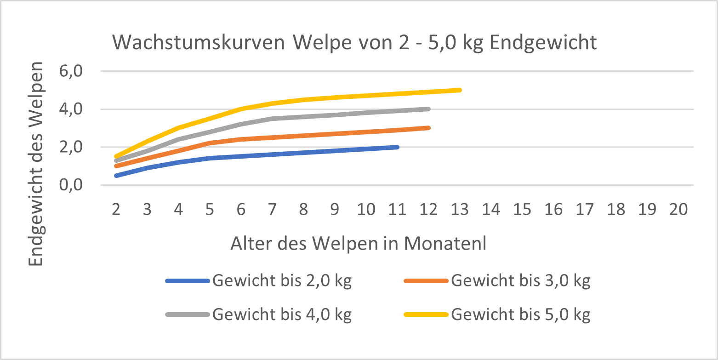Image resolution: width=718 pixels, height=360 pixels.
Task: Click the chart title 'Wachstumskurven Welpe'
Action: [354, 42]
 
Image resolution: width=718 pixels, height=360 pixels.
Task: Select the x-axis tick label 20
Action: [678, 210]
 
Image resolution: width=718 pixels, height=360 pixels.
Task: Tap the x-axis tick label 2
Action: [116, 210]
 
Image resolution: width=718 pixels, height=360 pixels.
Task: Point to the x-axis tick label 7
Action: [272, 210]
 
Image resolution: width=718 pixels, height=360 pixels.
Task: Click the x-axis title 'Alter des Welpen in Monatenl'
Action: [358, 244]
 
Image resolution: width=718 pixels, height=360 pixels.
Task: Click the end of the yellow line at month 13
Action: [460, 90]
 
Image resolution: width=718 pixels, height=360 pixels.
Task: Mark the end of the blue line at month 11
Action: [397, 147]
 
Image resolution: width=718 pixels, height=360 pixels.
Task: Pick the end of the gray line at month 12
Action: [428, 109]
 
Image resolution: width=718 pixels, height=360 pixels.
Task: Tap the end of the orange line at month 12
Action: [428, 128]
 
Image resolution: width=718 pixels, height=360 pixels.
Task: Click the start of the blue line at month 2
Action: [116, 176]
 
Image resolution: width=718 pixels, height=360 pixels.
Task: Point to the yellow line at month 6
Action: [241, 109]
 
